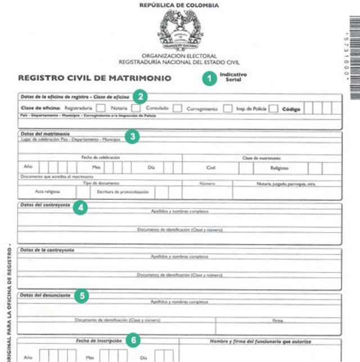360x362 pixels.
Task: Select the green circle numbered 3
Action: point(132,136)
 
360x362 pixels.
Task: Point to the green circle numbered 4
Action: point(82,207)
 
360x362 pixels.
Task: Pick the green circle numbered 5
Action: point(83,294)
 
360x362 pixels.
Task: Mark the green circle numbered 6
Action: point(132,340)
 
